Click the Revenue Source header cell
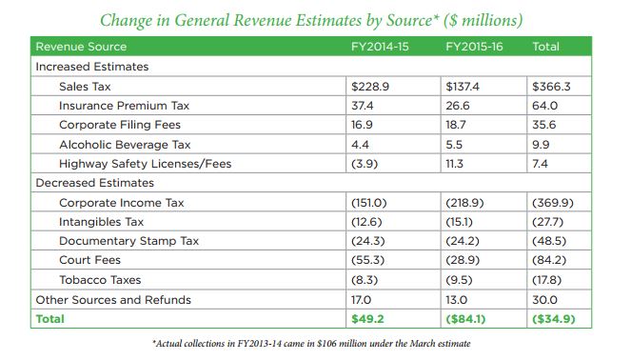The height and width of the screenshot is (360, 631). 80,47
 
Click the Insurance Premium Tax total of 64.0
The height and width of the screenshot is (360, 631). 545,106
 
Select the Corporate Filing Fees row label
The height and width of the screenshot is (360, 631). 119,125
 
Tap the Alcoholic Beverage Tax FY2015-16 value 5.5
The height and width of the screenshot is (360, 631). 454,144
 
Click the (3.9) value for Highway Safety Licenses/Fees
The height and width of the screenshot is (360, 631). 365,163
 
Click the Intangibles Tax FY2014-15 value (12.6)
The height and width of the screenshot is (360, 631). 368,222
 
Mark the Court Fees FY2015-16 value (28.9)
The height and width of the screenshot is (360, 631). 463,261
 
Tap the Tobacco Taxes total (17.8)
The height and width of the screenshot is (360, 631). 551,281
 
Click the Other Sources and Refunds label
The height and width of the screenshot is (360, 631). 112,300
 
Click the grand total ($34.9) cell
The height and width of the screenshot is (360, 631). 556,319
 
